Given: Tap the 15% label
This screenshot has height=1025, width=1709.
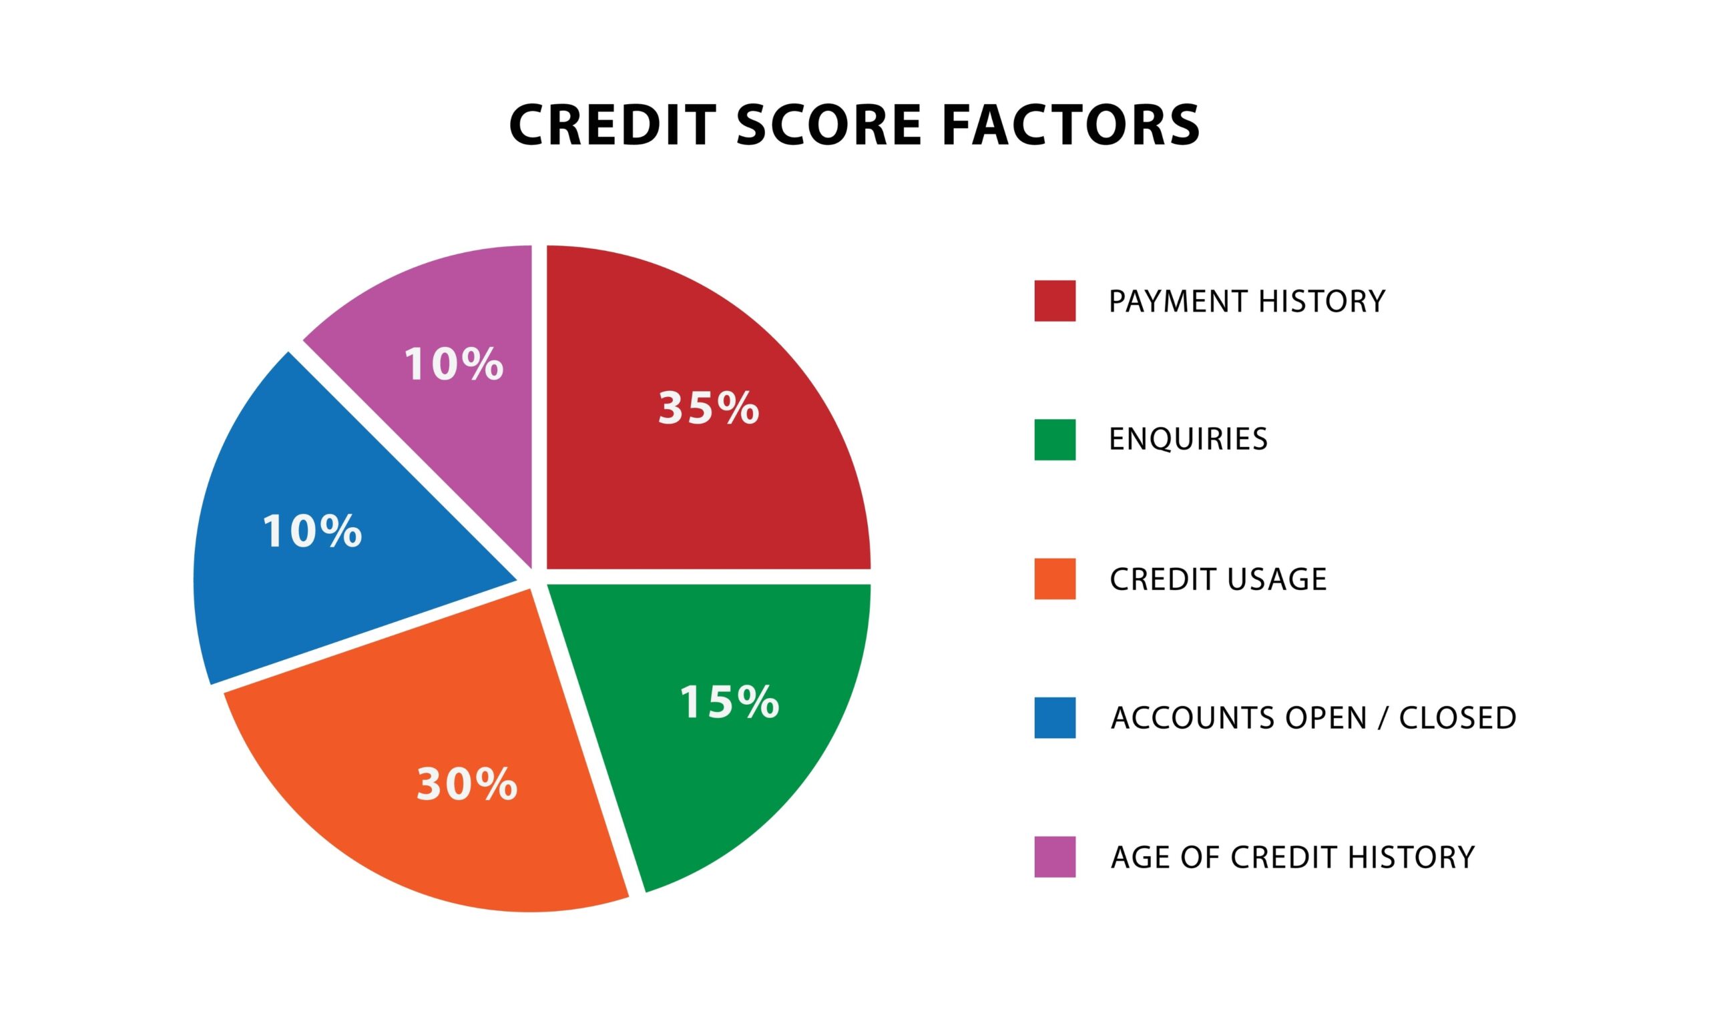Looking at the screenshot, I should (729, 703).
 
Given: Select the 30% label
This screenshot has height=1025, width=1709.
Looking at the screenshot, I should (466, 785).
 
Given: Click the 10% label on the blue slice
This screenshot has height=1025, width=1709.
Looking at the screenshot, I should (312, 531).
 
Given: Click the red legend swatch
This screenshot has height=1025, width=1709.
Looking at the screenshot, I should (1054, 300).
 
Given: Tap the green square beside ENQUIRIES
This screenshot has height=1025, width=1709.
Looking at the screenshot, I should (1054, 439).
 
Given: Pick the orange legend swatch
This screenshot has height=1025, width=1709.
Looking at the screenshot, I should (1054, 578).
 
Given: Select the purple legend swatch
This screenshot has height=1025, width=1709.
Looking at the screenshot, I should (1054, 856).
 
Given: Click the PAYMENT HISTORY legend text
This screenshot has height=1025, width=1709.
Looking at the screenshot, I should (1246, 301).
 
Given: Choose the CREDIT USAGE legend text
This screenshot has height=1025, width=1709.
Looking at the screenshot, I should (1217, 579).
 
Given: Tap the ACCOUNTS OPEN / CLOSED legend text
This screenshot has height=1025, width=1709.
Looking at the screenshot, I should (1312, 717).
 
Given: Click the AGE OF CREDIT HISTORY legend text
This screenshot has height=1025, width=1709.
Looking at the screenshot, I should (1292, 857).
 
